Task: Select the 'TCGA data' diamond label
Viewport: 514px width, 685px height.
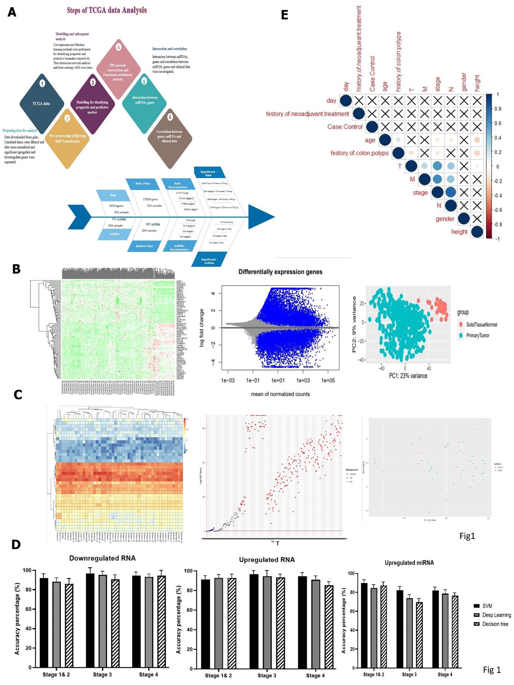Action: (41, 103)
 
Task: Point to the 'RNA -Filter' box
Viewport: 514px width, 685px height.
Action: (143, 184)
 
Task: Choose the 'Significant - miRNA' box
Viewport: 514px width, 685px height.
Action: (209, 261)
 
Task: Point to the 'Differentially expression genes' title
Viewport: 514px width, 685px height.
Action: (280, 272)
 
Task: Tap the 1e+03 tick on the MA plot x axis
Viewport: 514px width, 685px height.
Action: (303, 380)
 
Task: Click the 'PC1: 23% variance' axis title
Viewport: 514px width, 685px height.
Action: (408, 376)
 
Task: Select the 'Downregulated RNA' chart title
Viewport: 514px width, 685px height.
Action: (102, 558)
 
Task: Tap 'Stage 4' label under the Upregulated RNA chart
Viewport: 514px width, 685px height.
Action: (315, 675)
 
